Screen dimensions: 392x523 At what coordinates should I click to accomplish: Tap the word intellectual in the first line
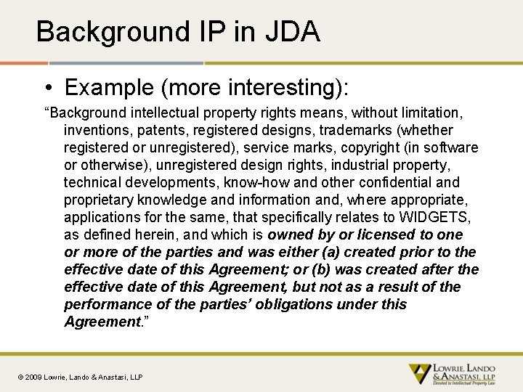pyautogui.click(x=162, y=113)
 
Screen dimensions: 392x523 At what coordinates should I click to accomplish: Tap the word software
pyautogui.click(x=450, y=148)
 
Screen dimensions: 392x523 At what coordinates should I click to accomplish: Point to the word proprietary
pyautogui.click(x=99, y=200)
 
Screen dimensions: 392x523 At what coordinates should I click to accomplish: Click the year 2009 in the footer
pyautogui.click(x=34, y=377)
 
